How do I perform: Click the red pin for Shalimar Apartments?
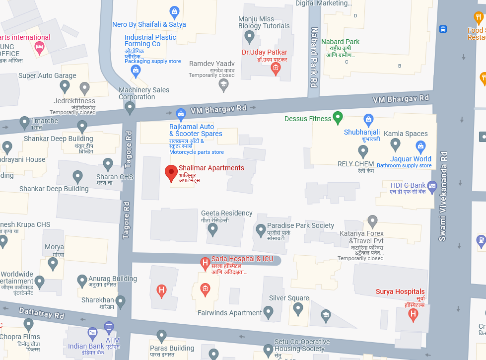click(x=171, y=173)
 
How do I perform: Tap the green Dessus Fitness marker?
click(x=338, y=118)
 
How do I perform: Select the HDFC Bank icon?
click(x=431, y=185)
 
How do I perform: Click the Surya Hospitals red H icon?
click(x=413, y=314)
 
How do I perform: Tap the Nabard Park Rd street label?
click(x=314, y=64)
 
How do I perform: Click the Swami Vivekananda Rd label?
click(x=443, y=196)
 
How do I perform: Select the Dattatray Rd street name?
click(x=42, y=312)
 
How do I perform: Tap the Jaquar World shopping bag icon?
click(x=421, y=146)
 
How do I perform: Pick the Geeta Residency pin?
click(x=212, y=229)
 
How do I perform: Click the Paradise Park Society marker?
click(x=261, y=230)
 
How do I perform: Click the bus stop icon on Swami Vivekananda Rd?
click(x=443, y=29)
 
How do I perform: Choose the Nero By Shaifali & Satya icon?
click(x=174, y=11)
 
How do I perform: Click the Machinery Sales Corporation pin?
click(x=130, y=107)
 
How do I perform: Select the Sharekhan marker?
click(x=121, y=300)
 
